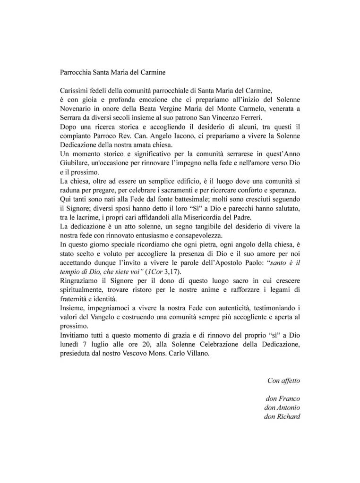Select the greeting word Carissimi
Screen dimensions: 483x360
pyautogui.click(x=76, y=91)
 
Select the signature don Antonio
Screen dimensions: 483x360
pyautogui.click(x=283, y=407)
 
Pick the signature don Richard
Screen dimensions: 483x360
pyautogui.click(x=283, y=416)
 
